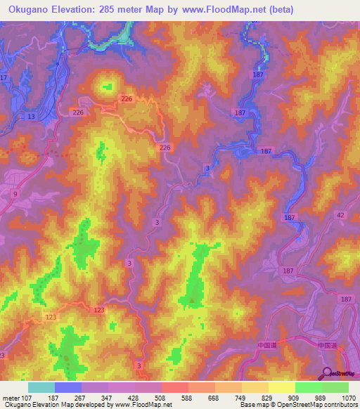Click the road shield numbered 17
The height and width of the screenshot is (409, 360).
4,77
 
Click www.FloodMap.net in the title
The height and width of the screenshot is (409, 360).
224,10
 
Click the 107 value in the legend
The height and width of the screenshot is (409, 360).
25,398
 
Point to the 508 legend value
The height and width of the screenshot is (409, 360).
161,398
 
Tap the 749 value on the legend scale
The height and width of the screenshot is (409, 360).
241,398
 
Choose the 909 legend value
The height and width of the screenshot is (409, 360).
295,398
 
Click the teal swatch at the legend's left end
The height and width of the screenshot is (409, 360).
41,387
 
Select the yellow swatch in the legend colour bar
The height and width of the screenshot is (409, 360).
282,387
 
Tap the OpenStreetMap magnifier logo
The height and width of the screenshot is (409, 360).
327,373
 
